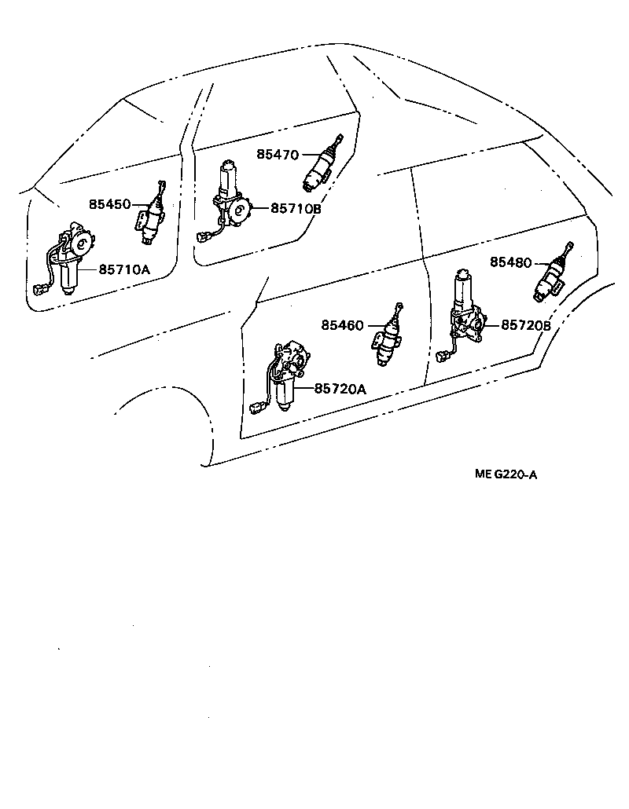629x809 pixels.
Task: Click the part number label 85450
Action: (x=109, y=204)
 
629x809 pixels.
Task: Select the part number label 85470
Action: (x=278, y=155)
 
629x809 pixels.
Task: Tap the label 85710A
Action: (x=124, y=269)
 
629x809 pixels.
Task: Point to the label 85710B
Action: (x=296, y=209)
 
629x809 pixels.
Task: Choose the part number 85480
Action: (x=511, y=262)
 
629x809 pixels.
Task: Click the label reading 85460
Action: (x=342, y=324)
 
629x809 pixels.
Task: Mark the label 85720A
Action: (x=340, y=389)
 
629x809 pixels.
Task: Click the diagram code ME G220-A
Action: (x=506, y=474)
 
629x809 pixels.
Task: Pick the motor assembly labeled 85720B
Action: (x=467, y=314)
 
